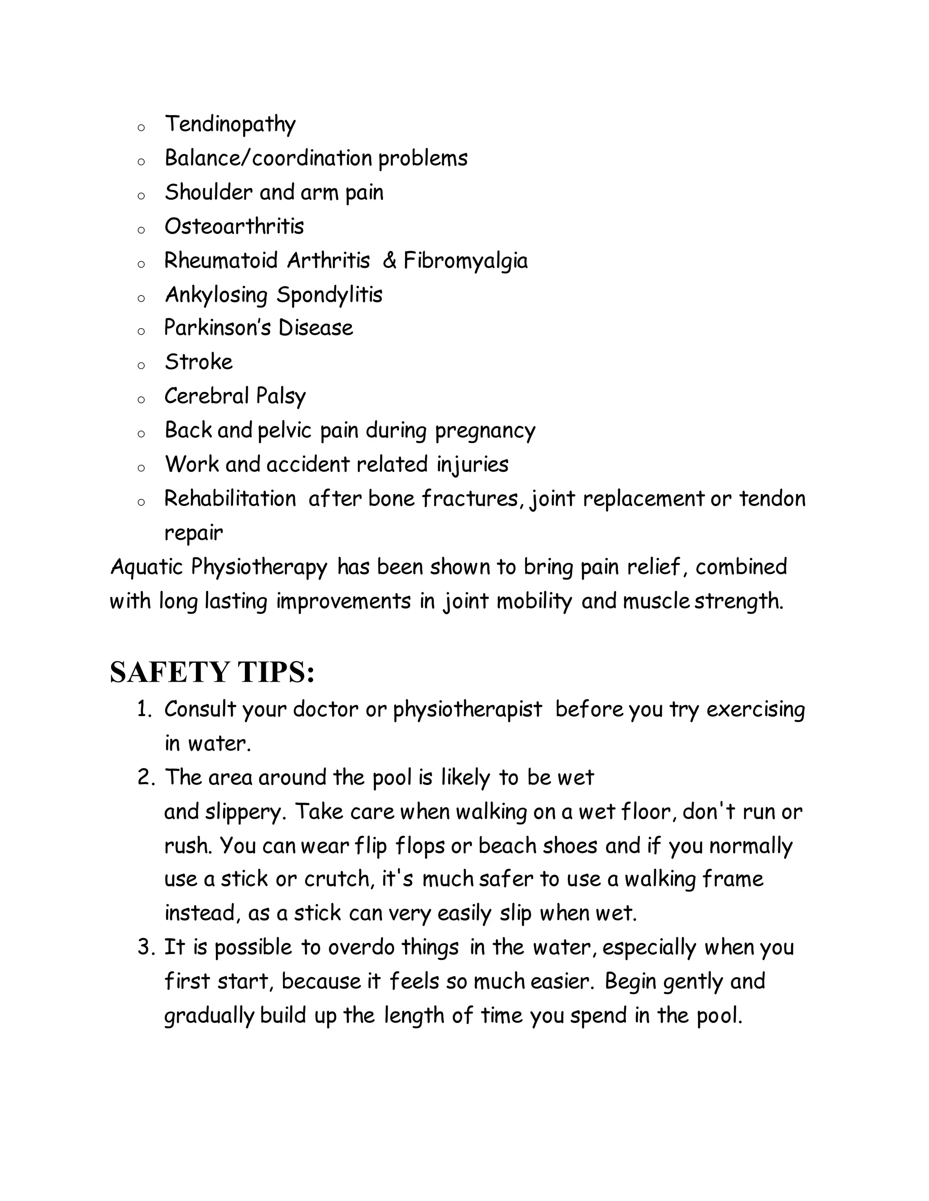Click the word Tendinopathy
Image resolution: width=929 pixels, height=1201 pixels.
pyautogui.click(x=230, y=124)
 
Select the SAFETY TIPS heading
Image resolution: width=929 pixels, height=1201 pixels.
pyautogui.click(x=212, y=672)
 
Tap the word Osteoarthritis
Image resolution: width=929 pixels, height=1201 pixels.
pyautogui.click(x=234, y=227)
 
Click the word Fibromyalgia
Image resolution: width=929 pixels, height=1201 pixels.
pyautogui.click(x=465, y=261)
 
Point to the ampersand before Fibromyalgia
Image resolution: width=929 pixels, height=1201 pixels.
pyautogui.click(x=389, y=260)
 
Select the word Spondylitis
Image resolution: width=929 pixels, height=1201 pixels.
pyautogui.click(x=329, y=295)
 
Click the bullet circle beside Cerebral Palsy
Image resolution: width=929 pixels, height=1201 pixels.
pyautogui.click(x=141, y=399)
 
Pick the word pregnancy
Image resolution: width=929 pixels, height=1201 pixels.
pyautogui.click(x=485, y=431)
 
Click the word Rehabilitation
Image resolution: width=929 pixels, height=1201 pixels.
pyautogui.click(x=230, y=499)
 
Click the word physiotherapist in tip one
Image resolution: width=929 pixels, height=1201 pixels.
pyautogui.click(x=467, y=710)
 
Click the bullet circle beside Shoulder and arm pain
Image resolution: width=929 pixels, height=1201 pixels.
pyautogui.click(x=141, y=196)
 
